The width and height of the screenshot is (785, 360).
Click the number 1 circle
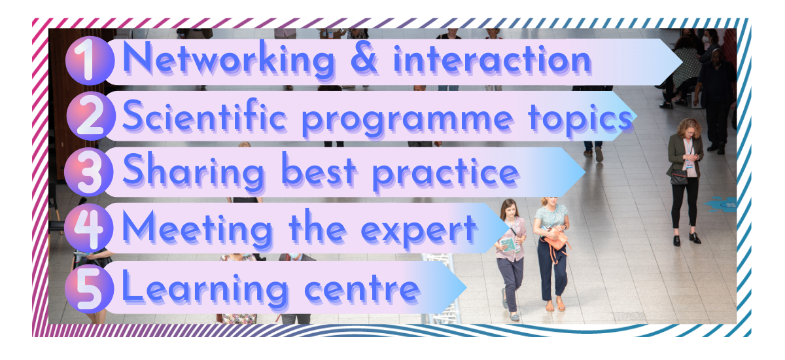click(x=90, y=61)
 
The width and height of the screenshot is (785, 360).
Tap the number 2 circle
click(x=91, y=116)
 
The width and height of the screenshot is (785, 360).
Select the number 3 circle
click(x=89, y=172)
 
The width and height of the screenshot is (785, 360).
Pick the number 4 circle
click(x=89, y=228)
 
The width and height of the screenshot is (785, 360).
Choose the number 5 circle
click(x=90, y=289)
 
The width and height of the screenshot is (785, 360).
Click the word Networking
click(x=229, y=60)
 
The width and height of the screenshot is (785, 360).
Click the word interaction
click(x=493, y=60)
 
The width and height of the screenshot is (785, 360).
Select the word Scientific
click(x=205, y=115)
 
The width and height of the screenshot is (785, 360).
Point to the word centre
click(x=362, y=289)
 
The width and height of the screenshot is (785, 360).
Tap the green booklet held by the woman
click(x=508, y=244)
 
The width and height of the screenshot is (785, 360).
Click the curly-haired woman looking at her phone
click(x=686, y=181)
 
